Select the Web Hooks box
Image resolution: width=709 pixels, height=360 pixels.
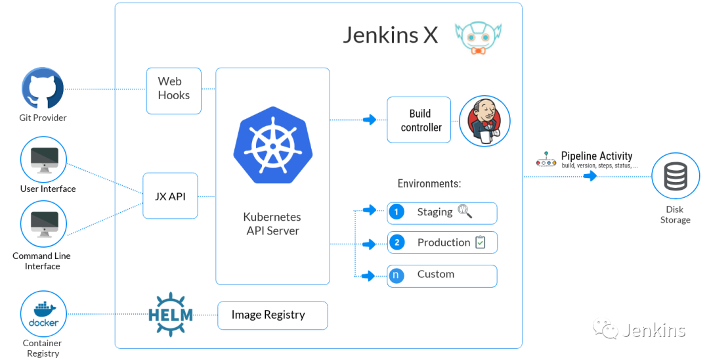tap(173, 91)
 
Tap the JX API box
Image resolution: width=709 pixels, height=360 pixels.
tap(170, 196)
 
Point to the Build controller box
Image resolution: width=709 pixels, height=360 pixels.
tap(419, 120)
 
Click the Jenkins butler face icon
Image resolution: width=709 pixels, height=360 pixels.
tap(484, 120)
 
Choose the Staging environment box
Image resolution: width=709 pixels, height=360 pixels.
tap(441, 212)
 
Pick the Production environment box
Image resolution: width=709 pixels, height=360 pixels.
tap(441, 242)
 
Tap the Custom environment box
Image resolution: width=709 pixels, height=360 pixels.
tap(441, 275)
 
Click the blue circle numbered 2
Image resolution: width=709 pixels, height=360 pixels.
tap(397, 243)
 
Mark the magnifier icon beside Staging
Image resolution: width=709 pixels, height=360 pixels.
tap(465, 211)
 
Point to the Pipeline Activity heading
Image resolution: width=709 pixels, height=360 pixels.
tap(596, 156)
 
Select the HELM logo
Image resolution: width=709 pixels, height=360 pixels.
tap(171, 315)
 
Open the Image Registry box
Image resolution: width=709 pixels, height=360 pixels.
tap(272, 315)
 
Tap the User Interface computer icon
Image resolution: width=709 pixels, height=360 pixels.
tap(43, 160)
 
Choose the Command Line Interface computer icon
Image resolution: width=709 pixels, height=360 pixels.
tap(43, 224)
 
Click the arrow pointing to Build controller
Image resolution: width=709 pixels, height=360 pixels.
tap(370, 120)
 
